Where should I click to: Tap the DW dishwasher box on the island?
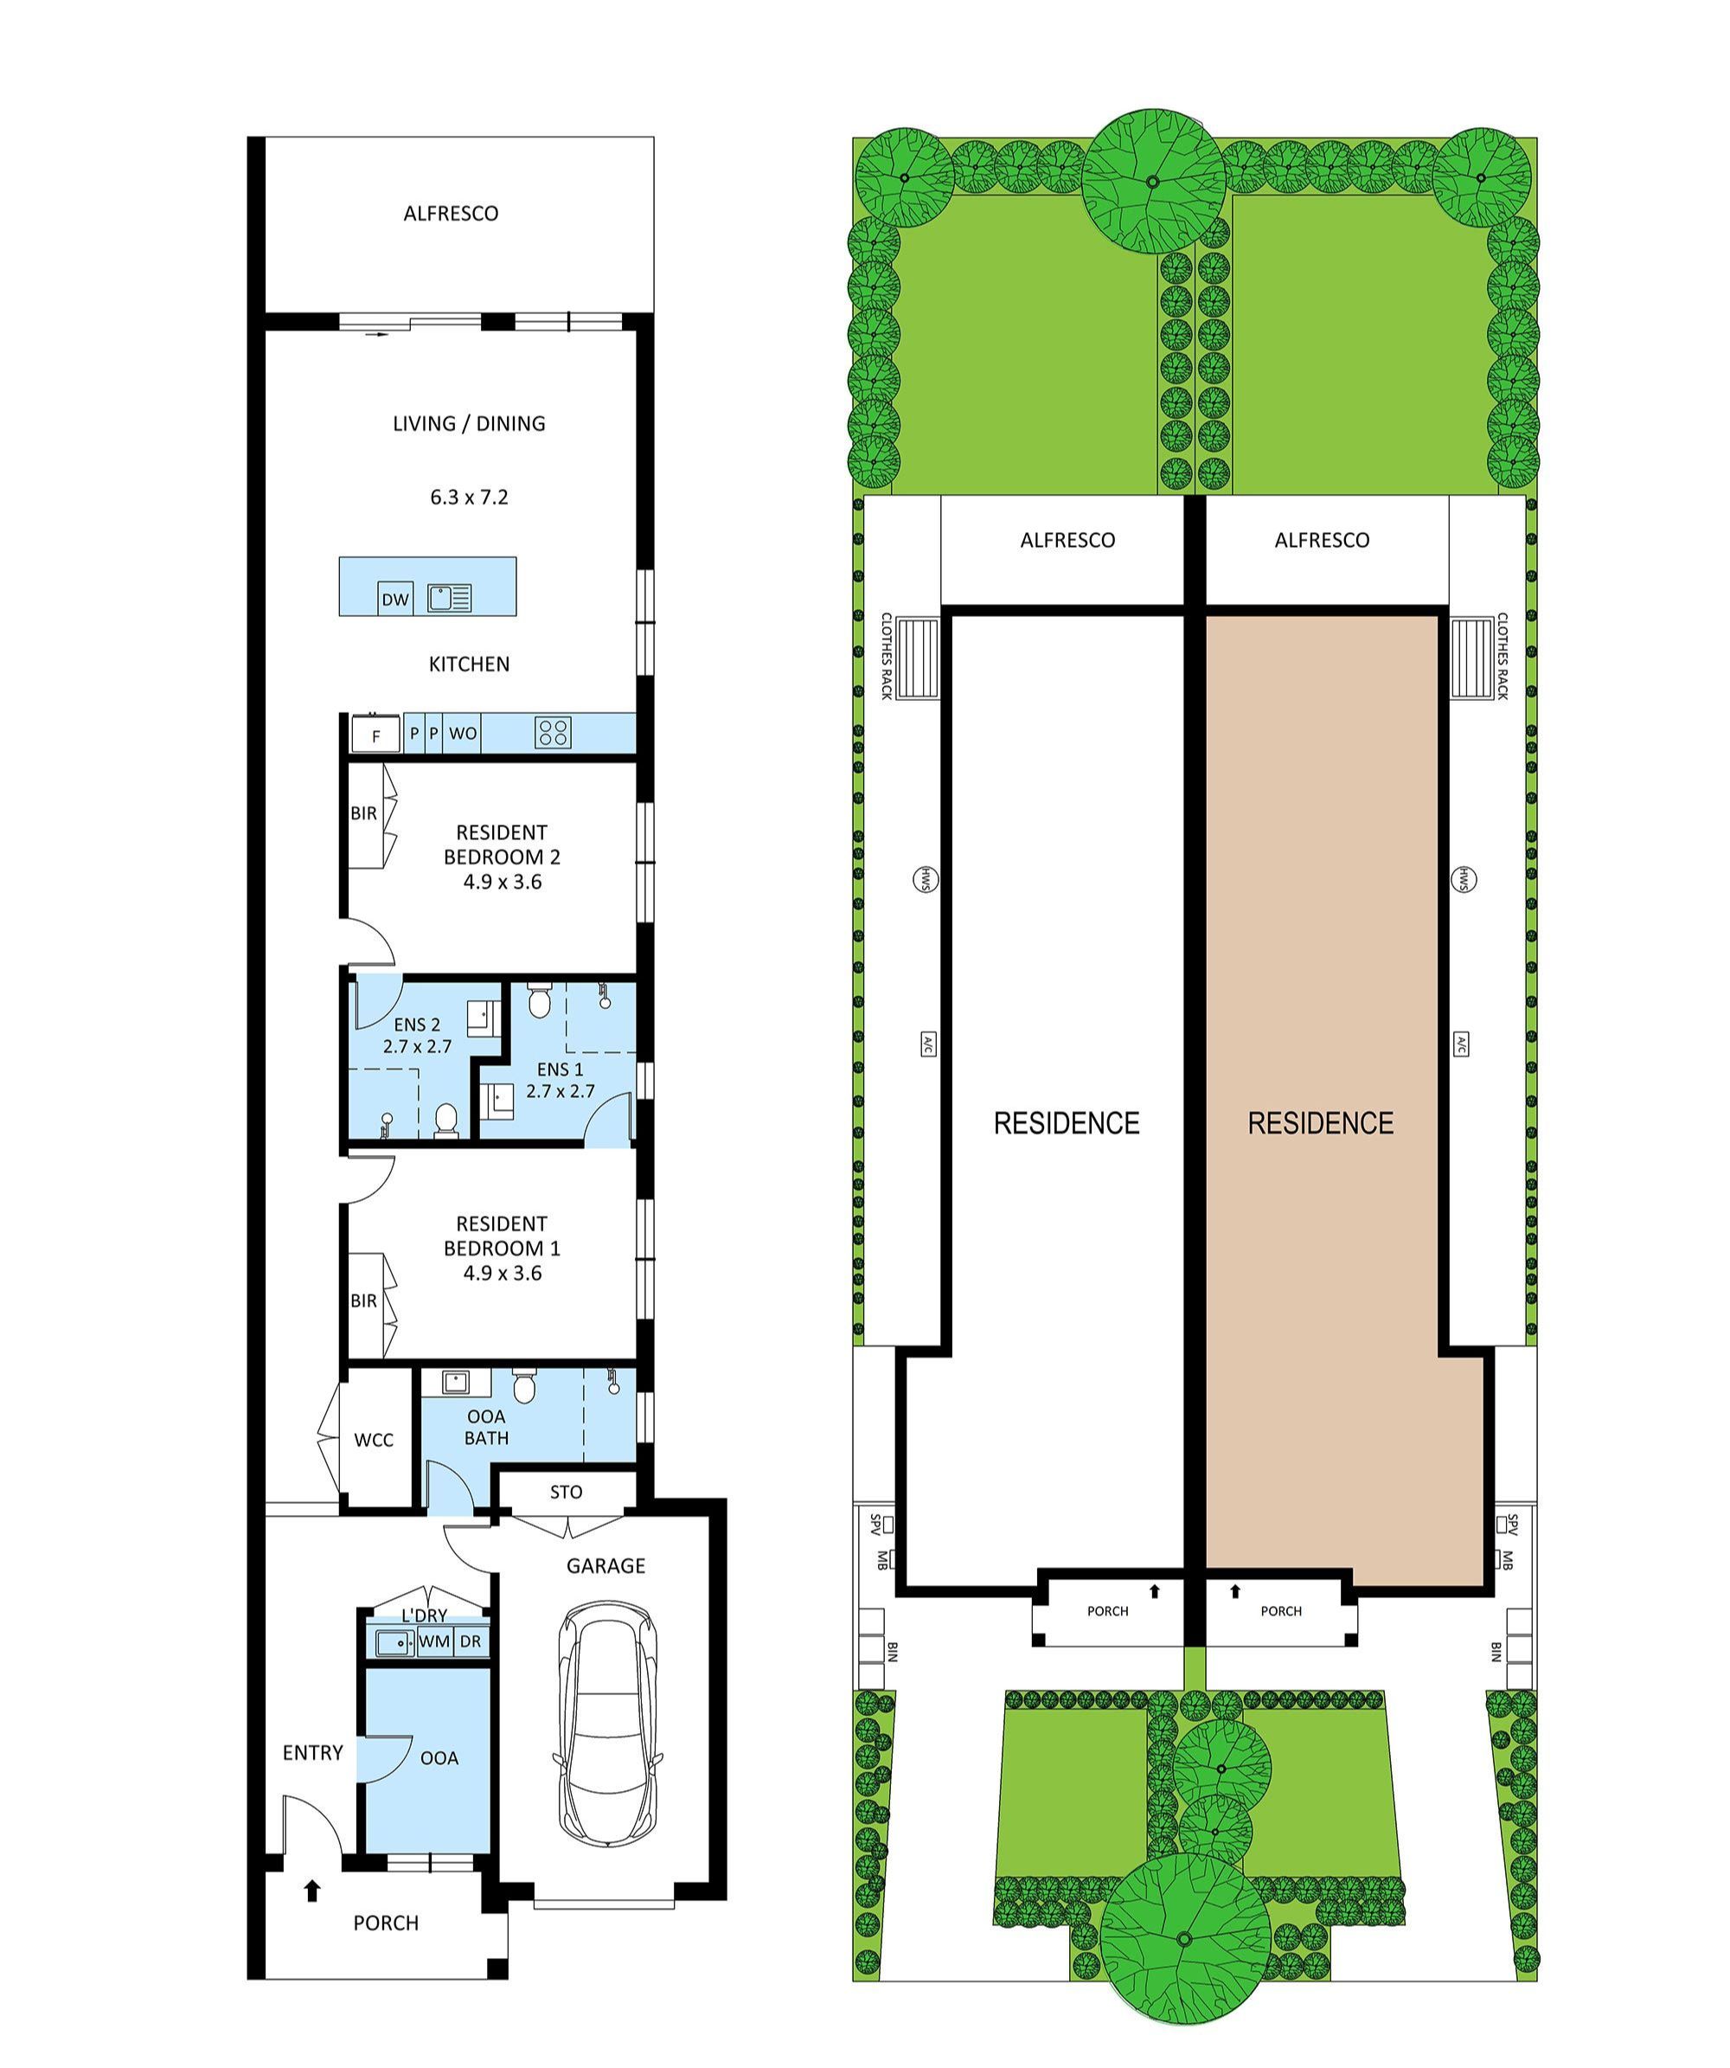[x=394, y=599]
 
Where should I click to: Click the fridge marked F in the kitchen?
[x=376, y=735]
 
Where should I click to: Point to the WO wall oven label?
[x=463, y=734]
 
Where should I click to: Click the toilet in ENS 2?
[x=446, y=1120]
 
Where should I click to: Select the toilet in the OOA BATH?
[x=524, y=1388]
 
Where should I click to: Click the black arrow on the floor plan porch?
[x=312, y=1917]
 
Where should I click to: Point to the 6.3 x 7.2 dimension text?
[x=469, y=498]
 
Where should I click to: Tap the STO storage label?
[x=567, y=1492]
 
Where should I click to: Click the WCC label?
[x=373, y=1440]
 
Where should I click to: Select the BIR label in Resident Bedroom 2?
[x=363, y=813]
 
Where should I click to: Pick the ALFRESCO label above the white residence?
[x=1067, y=541]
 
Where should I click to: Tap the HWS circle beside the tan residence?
[x=1462, y=879]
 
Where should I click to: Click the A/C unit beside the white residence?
[x=926, y=1044]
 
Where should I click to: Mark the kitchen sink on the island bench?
[x=450, y=597]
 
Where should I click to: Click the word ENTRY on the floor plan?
[x=312, y=1753]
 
